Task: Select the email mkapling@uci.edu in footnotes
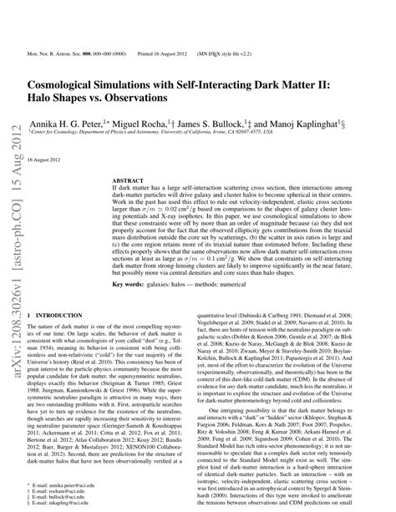pyautogui.click(x=67, y=503)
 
